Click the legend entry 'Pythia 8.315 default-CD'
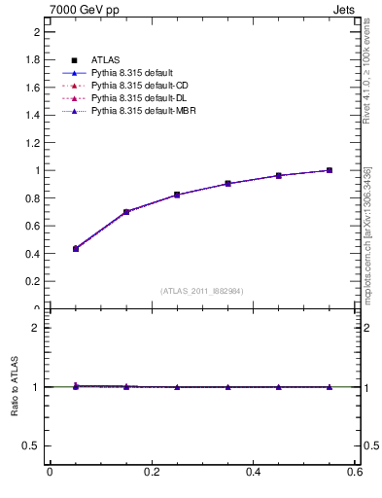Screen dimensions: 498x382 click(x=136, y=86)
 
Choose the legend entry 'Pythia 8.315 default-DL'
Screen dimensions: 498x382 click(x=136, y=98)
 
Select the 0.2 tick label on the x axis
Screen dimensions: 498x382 click(x=151, y=473)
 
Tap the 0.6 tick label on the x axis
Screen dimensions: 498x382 click(x=355, y=473)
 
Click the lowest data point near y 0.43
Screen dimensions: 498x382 click(x=76, y=249)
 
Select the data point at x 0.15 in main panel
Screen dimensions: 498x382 click(x=126, y=211)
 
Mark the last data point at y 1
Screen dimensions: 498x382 click(x=330, y=170)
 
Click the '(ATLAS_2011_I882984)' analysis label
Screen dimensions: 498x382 click(x=201, y=291)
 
